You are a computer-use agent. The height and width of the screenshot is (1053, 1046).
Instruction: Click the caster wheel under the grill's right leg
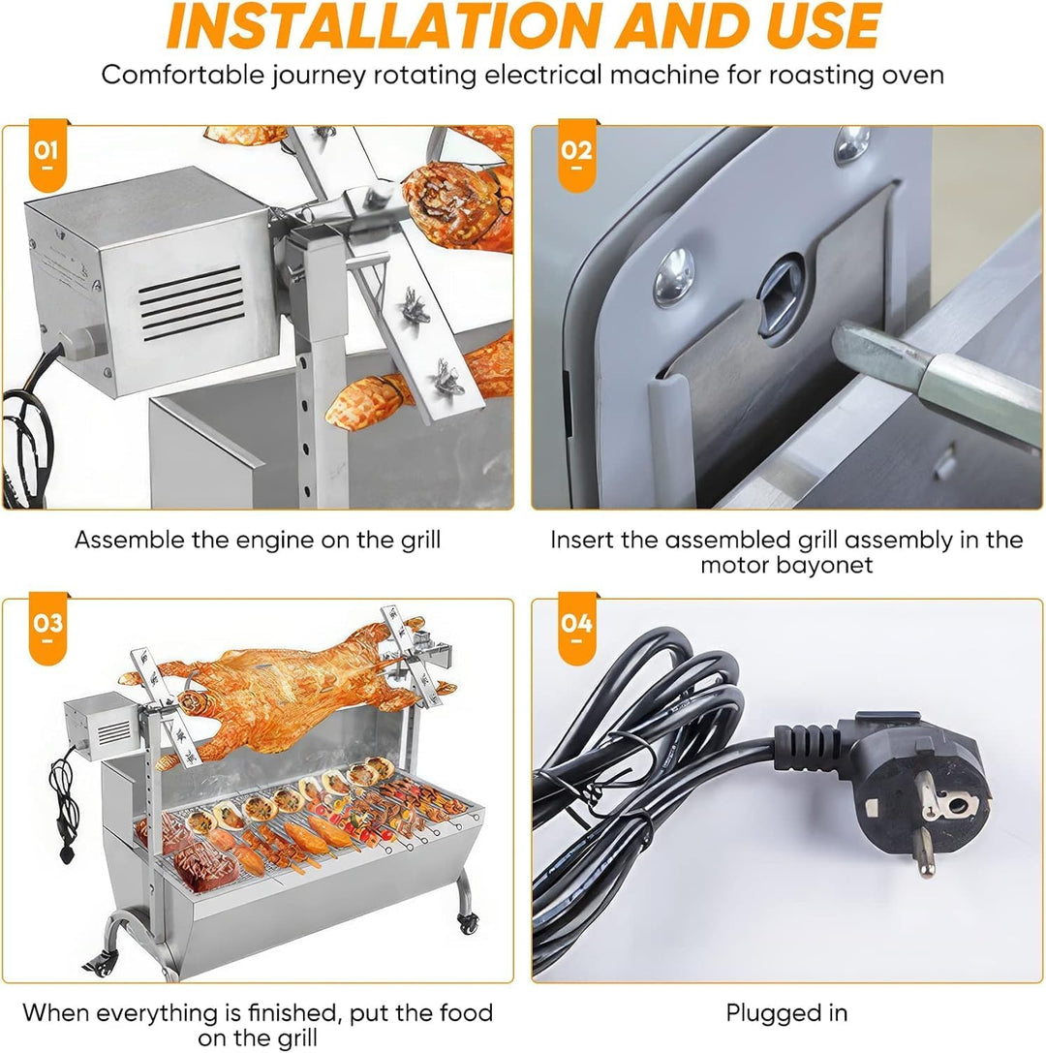click(x=469, y=923)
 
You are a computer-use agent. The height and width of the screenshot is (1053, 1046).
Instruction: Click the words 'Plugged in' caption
click(x=786, y=1013)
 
